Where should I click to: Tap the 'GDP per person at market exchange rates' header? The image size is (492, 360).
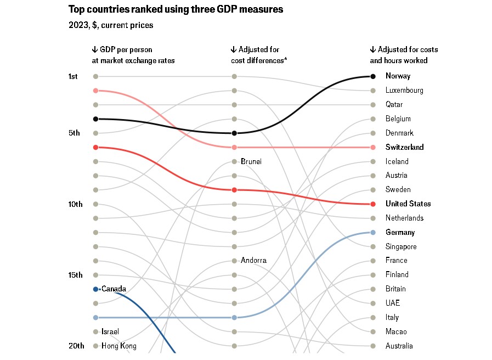click(133, 55)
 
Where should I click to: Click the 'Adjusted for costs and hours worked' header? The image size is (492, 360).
click(404, 55)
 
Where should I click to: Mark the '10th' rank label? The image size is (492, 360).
click(75, 204)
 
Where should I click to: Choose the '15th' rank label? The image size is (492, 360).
click(75, 275)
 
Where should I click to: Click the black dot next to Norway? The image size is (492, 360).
click(373, 76)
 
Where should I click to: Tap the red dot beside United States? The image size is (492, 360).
click(373, 204)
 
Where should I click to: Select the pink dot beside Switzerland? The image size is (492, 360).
click(373, 147)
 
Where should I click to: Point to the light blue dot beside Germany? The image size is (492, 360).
click(373, 233)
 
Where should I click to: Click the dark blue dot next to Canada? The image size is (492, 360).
click(95, 289)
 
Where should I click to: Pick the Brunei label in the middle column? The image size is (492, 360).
click(251, 161)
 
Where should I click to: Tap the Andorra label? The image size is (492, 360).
click(253, 261)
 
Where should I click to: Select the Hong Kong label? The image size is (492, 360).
click(119, 346)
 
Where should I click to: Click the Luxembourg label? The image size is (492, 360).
click(404, 91)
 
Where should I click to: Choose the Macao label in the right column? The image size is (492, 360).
click(396, 331)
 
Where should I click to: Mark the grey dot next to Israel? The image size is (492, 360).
click(95, 331)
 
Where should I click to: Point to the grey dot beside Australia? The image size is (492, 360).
click(373, 346)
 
